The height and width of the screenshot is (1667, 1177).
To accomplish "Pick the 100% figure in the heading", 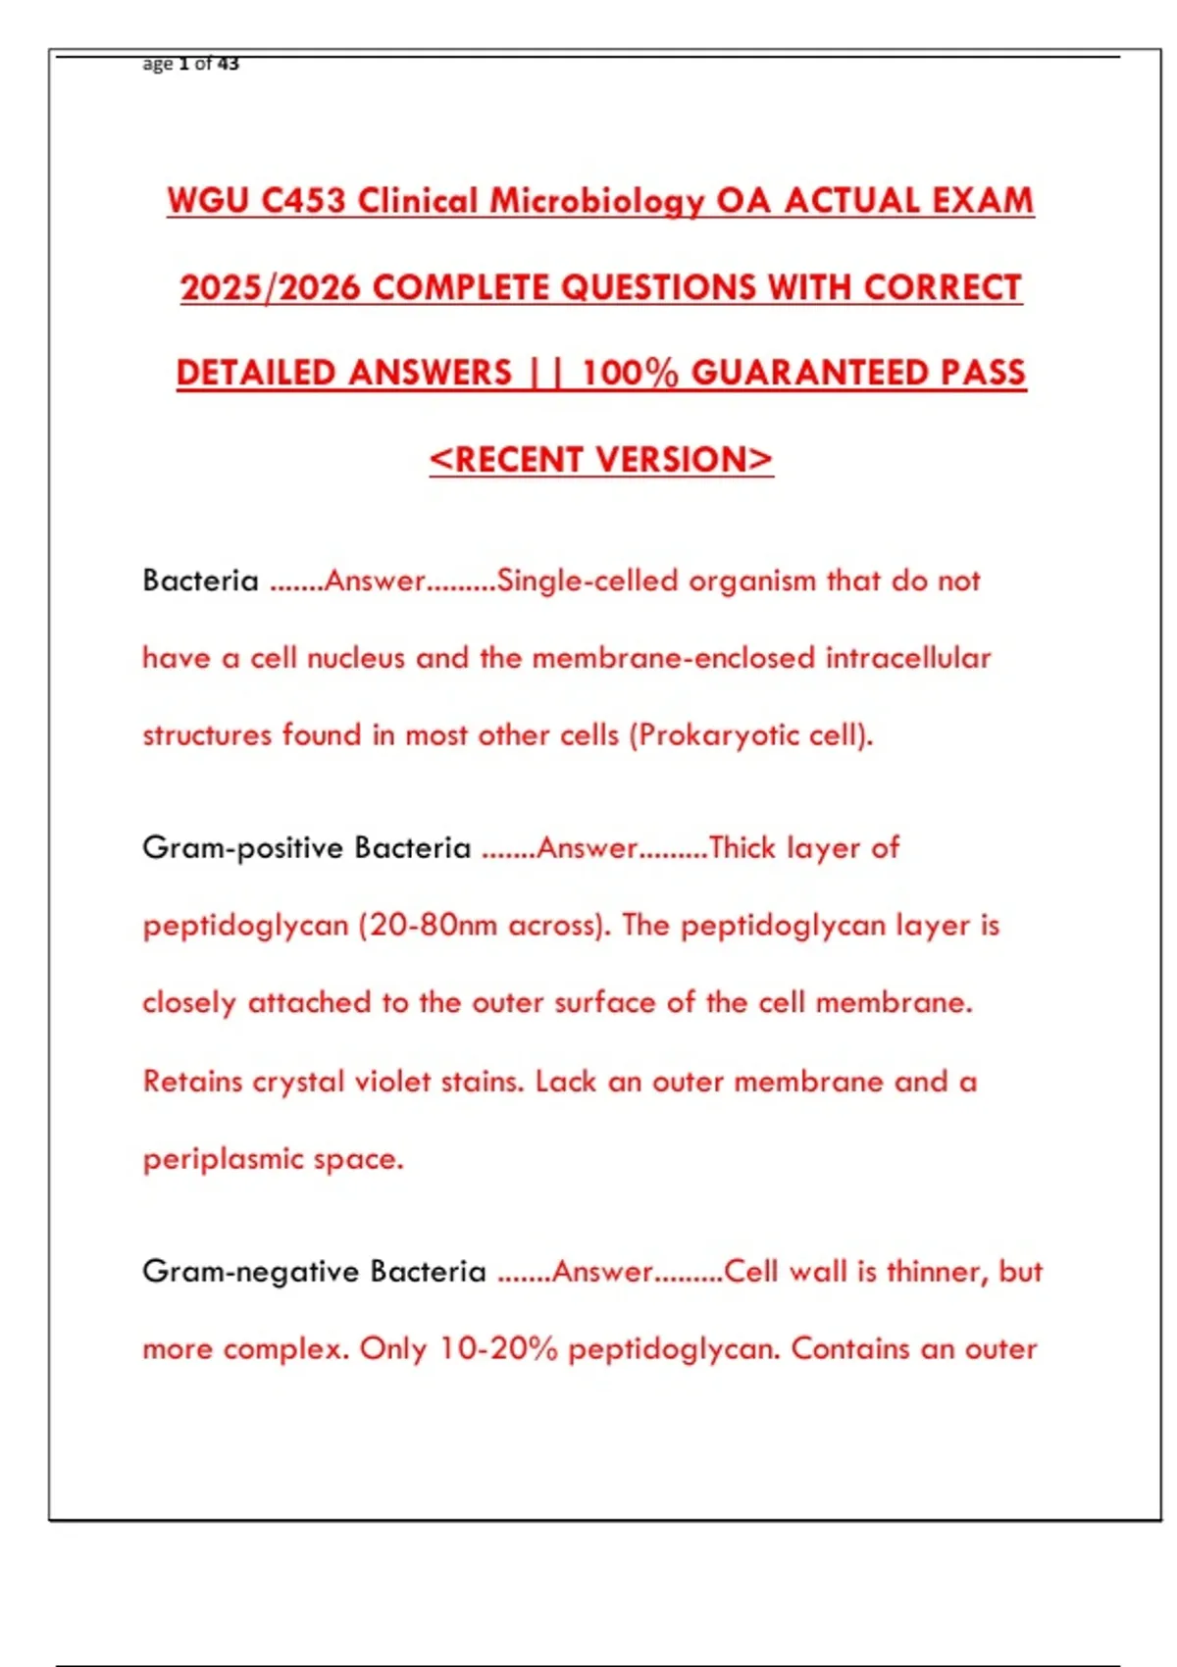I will click(629, 373).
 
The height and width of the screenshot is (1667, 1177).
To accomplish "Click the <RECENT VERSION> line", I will click(601, 459).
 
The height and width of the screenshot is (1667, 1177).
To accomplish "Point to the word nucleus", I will click(355, 658).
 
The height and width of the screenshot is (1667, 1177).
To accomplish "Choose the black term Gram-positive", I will click(243, 848).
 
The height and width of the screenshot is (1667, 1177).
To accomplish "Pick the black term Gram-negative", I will click(251, 1272).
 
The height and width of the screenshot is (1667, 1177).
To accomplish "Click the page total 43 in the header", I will click(228, 64).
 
